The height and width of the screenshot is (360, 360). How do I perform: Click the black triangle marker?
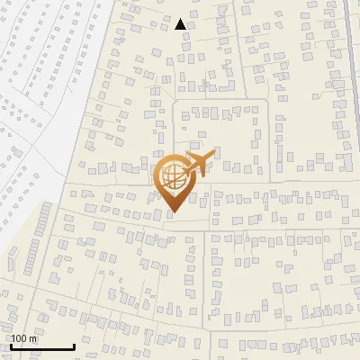pyautogui.click(x=181, y=25)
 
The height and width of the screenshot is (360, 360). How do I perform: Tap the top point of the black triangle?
pyautogui.click(x=181, y=19)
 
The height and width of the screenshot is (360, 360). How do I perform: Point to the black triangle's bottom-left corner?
pyautogui.click(x=175, y=30)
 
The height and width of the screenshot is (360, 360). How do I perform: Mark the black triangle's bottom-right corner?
pyautogui.click(x=186, y=30)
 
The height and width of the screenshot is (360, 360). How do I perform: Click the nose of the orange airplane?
pyautogui.click(x=214, y=156)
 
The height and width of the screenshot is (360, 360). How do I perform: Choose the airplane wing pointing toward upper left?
pyautogui.click(x=192, y=155)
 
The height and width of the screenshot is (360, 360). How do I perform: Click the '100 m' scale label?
pyautogui.click(x=23, y=339)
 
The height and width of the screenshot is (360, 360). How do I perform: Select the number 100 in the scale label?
pyautogui.click(x=19, y=339)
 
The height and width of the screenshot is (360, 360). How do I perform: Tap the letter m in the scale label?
pyautogui.click(x=32, y=339)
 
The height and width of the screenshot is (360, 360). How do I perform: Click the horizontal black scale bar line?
pyautogui.click(x=42, y=347)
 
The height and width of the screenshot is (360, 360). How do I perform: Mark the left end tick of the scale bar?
pyautogui.click(x=11, y=345)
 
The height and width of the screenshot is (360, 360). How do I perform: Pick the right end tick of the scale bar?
pyautogui.click(x=74, y=345)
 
